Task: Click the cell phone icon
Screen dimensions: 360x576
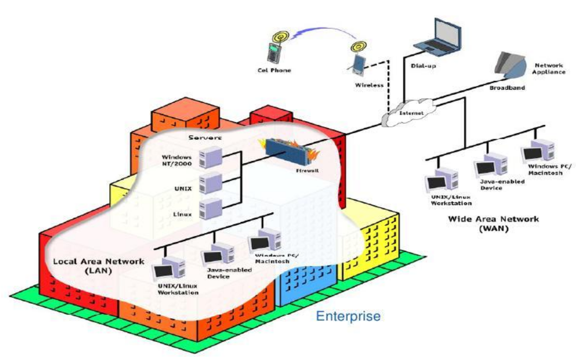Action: (x=273, y=51)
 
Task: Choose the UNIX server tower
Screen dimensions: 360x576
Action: (x=209, y=183)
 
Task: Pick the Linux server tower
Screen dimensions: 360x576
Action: (x=209, y=208)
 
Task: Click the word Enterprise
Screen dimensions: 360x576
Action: (x=348, y=317)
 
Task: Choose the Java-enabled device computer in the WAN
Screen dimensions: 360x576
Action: (x=491, y=165)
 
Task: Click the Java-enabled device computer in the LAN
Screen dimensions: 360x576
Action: (x=217, y=255)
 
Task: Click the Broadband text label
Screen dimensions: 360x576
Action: (x=507, y=88)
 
